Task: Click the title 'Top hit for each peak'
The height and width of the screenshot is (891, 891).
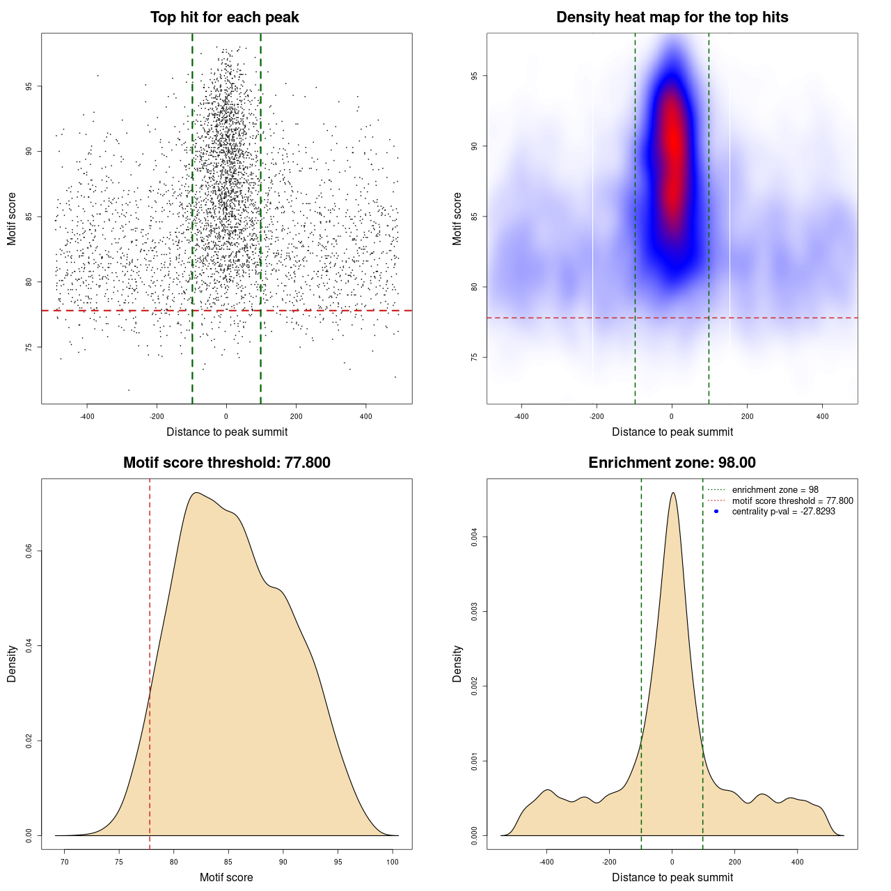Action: pos(224,17)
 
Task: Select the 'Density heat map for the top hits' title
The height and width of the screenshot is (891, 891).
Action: pos(672,17)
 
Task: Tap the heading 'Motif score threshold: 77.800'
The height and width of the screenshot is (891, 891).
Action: pos(226,463)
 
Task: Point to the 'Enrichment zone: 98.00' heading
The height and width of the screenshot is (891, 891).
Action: pos(672,463)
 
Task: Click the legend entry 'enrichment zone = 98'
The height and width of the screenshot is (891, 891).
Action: pos(775,490)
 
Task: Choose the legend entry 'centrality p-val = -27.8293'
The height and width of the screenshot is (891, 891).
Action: pos(783,512)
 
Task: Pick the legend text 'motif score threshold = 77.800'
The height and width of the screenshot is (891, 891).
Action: pos(792,500)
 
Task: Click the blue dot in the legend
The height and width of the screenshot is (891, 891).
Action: pos(716,512)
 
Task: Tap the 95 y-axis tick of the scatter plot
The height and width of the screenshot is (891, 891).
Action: pos(29,86)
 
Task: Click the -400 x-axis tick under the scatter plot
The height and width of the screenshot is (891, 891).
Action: pos(87,417)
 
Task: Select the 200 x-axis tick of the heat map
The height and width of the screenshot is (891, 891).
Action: pos(747,417)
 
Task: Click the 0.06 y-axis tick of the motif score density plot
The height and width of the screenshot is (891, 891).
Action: pos(29,551)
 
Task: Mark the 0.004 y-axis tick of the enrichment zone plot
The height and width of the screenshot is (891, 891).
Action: pos(475,537)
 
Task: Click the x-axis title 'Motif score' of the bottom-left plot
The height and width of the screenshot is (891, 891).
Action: pos(226,877)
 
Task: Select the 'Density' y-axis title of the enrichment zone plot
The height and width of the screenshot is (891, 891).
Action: pos(457,663)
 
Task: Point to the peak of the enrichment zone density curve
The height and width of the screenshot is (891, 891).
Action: pos(672,494)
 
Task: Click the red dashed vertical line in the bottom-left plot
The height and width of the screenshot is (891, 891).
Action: pos(150,661)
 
